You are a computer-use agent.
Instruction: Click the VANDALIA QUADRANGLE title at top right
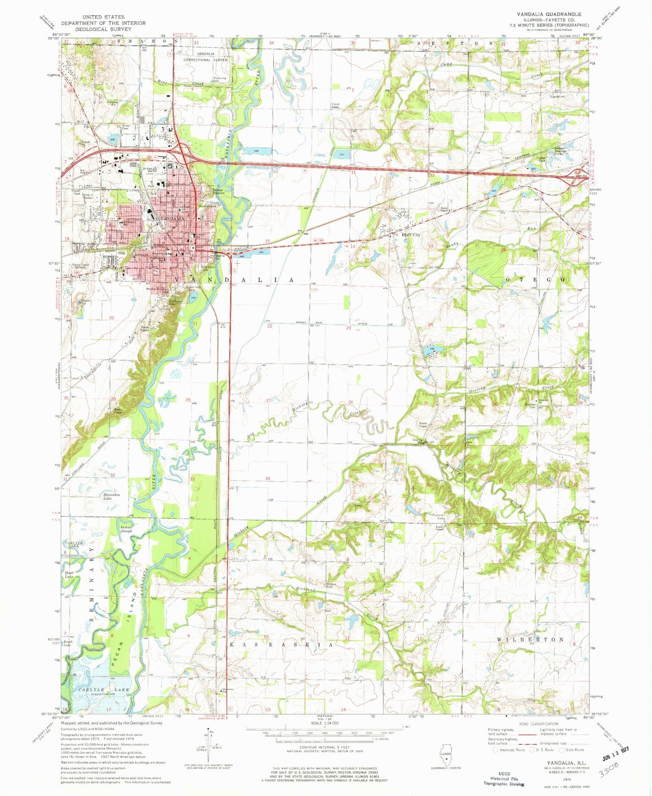549,14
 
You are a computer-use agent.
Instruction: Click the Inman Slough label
126,529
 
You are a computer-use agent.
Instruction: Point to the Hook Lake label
69,574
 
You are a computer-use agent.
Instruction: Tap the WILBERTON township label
530,639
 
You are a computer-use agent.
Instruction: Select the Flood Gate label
336,106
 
